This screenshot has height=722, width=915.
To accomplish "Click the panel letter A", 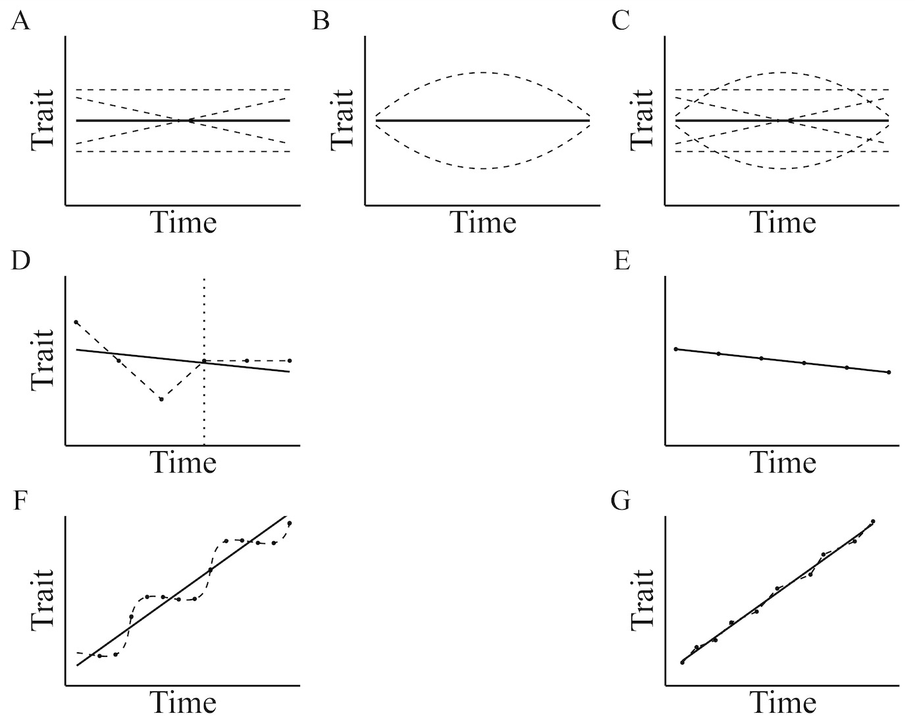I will pyautogui.click(x=20, y=22).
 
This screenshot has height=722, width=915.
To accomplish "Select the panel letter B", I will pyautogui.click(x=321, y=22).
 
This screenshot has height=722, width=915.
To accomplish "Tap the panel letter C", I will pyautogui.click(x=620, y=22).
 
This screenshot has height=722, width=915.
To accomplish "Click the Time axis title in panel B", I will pyautogui.click(x=483, y=222).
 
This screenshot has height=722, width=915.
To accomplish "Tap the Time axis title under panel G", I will pyautogui.click(x=783, y=702).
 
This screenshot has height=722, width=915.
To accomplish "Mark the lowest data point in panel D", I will pyautogui.click(x=161, y=399).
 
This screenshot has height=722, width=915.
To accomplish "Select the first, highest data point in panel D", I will pyautogui.click(x=76, y=322).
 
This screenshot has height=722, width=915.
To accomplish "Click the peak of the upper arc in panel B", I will pyautogui.click(x=483, y=72).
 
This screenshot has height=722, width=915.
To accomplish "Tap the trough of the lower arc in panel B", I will pyautogui.click(x=483, y=169).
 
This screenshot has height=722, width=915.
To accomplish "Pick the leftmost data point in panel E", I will pyautogui.click(x=676, y=349).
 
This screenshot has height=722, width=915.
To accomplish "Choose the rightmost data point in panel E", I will pyautogui.click(x=889, y=372).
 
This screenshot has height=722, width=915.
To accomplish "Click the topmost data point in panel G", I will pyautogui.click(x=873, y=521).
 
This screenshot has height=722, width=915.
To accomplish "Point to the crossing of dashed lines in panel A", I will pyautogui.click(x=188, y=120).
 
